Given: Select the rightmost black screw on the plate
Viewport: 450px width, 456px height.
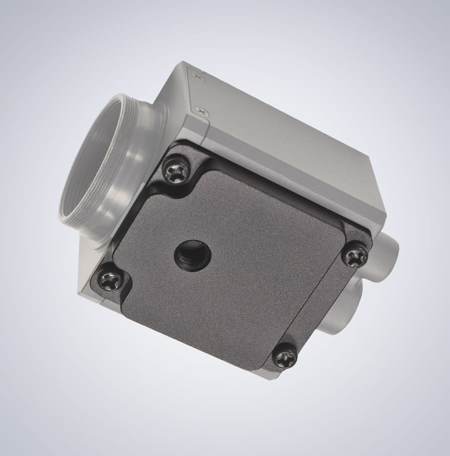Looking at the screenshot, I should point(355,256).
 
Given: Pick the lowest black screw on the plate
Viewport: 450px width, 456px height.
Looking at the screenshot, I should point(285,358).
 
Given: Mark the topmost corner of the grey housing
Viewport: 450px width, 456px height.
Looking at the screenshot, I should point(184,63).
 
